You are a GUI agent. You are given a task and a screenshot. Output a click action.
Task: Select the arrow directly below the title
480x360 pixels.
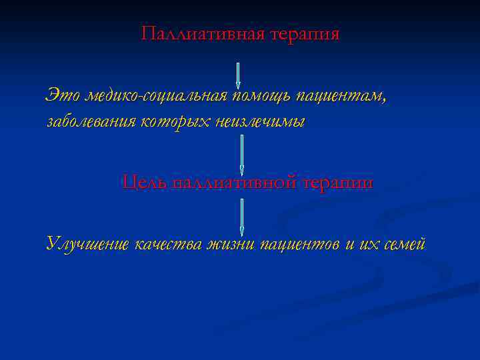[238, 75]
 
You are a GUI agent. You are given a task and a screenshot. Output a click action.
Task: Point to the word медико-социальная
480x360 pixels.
[153, 97]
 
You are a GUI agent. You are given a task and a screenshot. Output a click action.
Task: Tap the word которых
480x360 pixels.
[176, 121]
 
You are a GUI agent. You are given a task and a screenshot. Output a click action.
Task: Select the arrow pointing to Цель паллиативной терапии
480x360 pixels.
[241, 155]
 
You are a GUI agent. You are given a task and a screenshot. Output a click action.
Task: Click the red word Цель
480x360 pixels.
[143, 182]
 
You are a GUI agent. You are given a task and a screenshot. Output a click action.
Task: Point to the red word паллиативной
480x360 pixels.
[233, 182]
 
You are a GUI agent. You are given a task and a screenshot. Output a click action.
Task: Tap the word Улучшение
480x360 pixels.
[87, 244]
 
